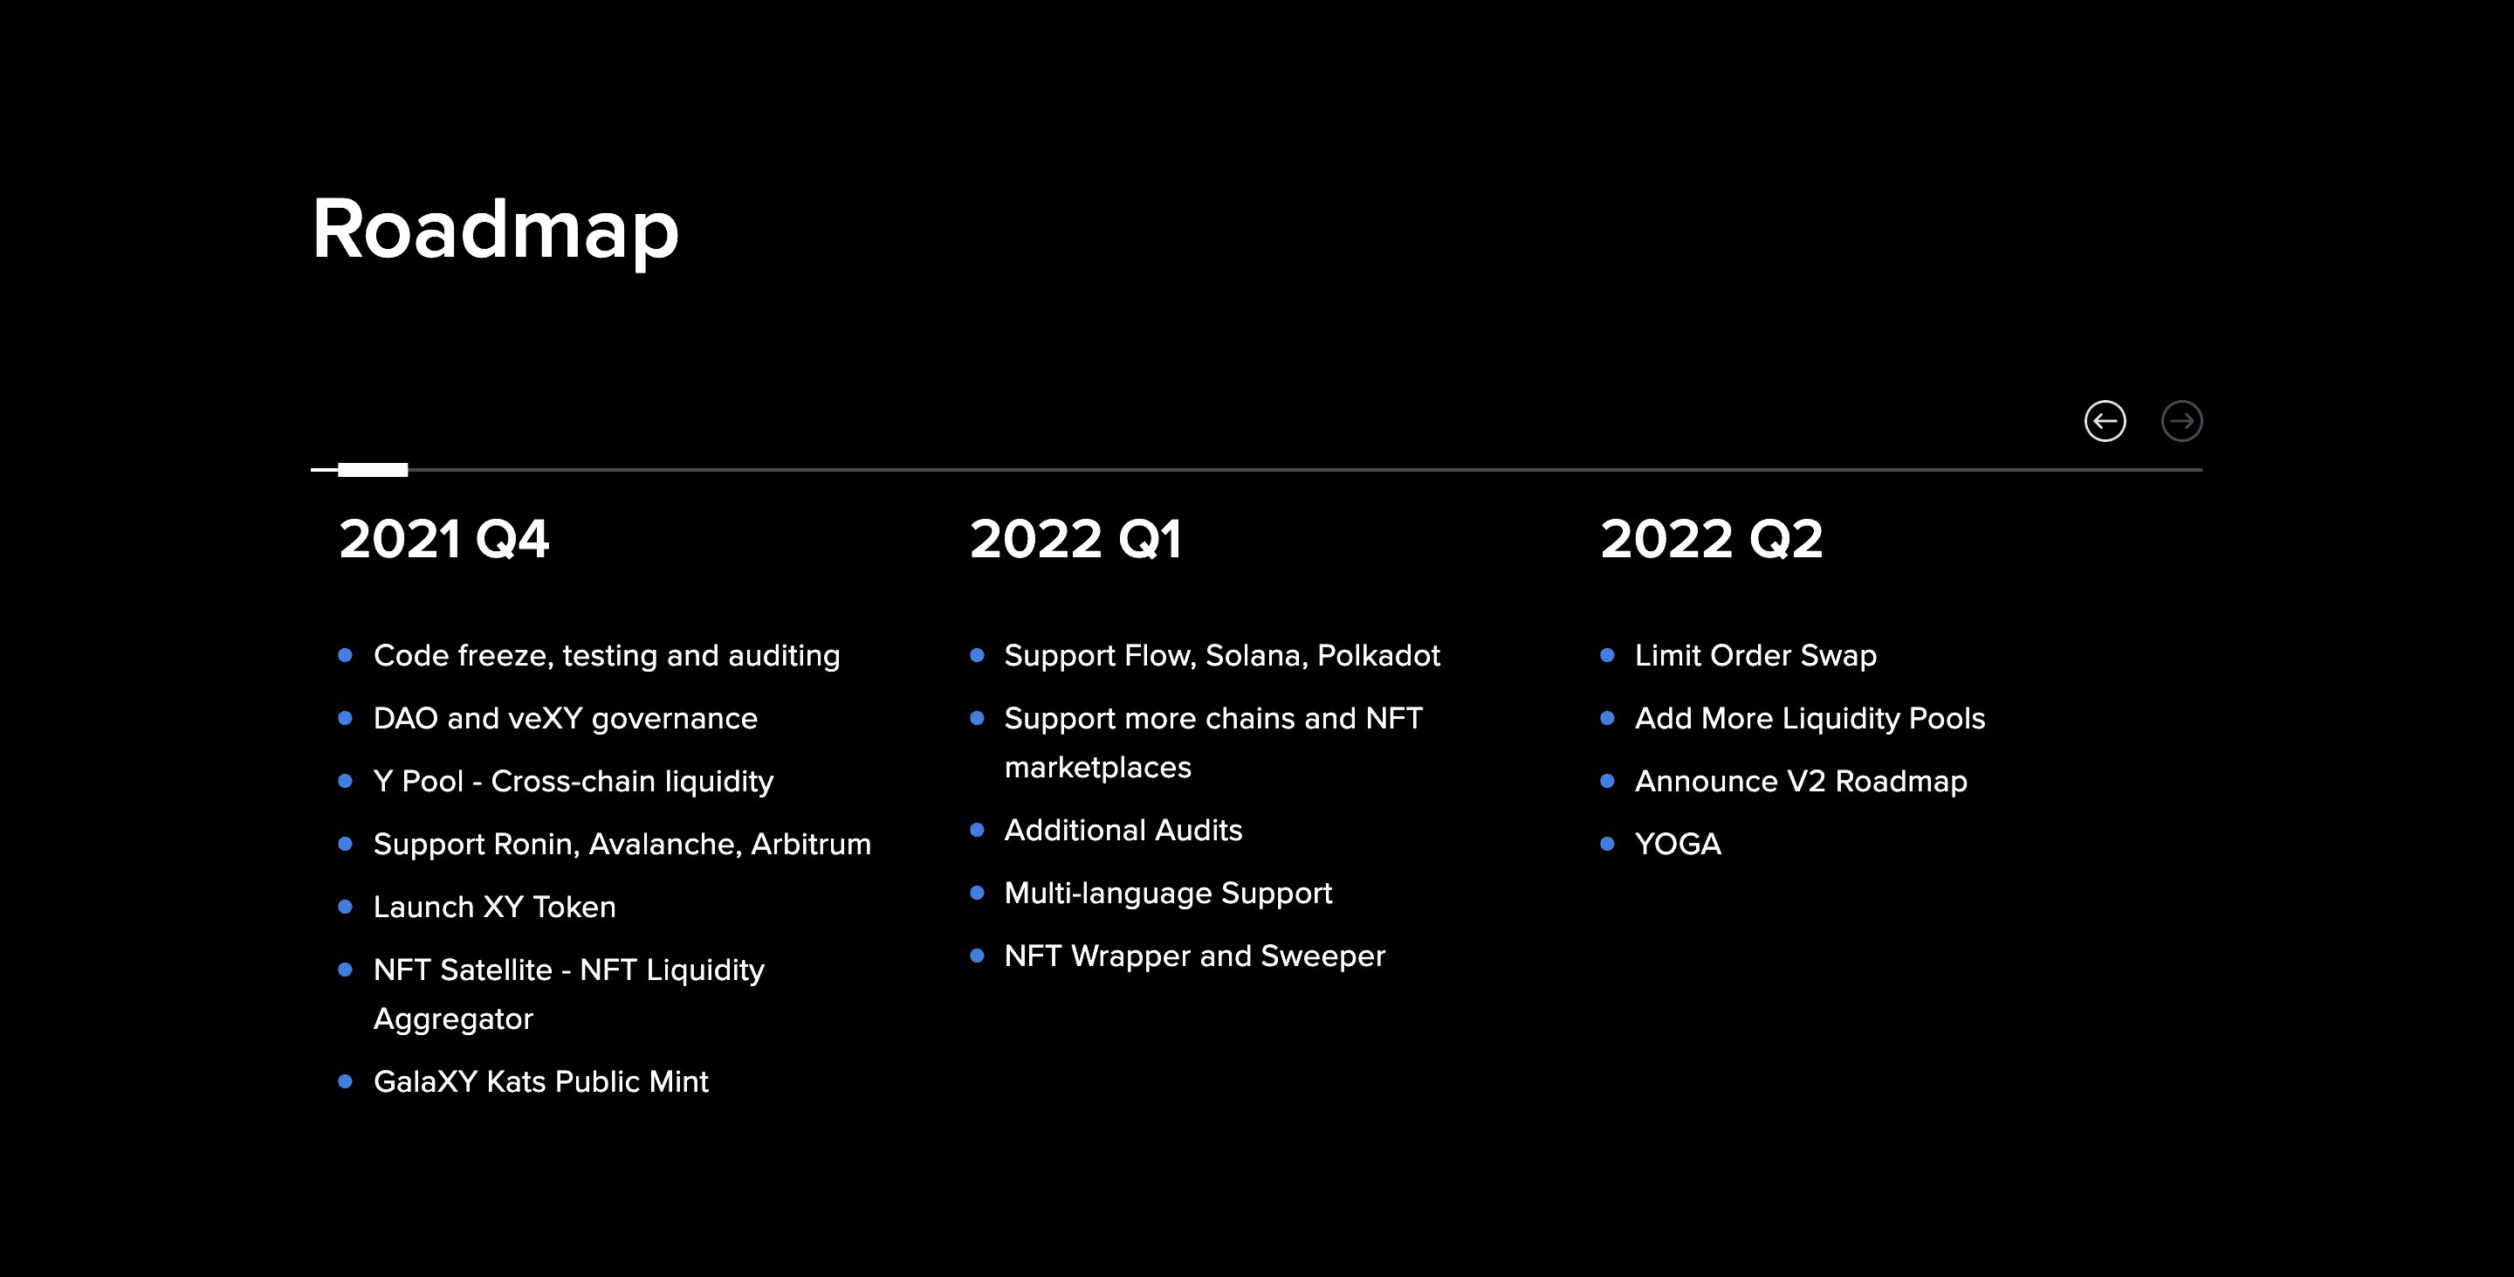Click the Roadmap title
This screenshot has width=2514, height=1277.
click(495, 230)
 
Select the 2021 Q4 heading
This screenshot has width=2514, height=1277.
click(444, 539)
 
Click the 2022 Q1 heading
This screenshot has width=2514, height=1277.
click(1075, 539)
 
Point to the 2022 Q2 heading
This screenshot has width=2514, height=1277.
click(1711, 539)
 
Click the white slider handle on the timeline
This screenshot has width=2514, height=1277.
click(373, 470)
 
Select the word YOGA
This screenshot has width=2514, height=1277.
click(1678, 845)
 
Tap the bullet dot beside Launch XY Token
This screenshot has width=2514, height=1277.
click(345, 907)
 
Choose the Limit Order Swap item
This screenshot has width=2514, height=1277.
click(1755, 655)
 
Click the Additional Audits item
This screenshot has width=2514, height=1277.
click(1123, 830)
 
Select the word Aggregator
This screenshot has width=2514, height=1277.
click(453, 1019)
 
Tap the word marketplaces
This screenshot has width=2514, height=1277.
click(1097, 768)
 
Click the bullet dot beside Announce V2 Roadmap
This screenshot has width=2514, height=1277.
click(1607, 781)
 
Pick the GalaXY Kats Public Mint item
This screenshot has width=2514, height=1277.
click(540, 1081)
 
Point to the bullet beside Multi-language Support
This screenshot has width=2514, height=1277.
click(977, 894)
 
